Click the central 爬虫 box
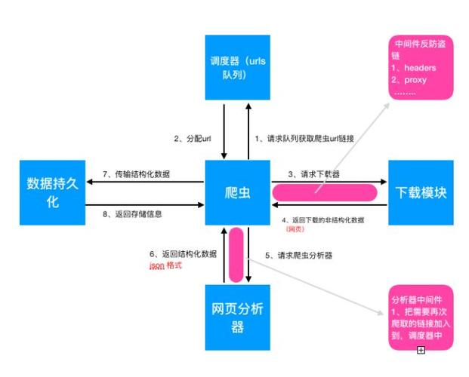pos(238,192)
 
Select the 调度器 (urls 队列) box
pos(238,66)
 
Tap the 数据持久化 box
pos(53,192)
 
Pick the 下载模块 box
pos(421,192)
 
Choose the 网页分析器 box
pos(238,317)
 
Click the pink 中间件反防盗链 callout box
pos(421,67)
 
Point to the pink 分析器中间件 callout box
pos(421,317)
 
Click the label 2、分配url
pos(193,139)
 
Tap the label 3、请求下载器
pos(313,174)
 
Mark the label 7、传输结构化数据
pos(136,174)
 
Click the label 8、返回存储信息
pos(132,214)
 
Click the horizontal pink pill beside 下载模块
pos(325,192)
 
